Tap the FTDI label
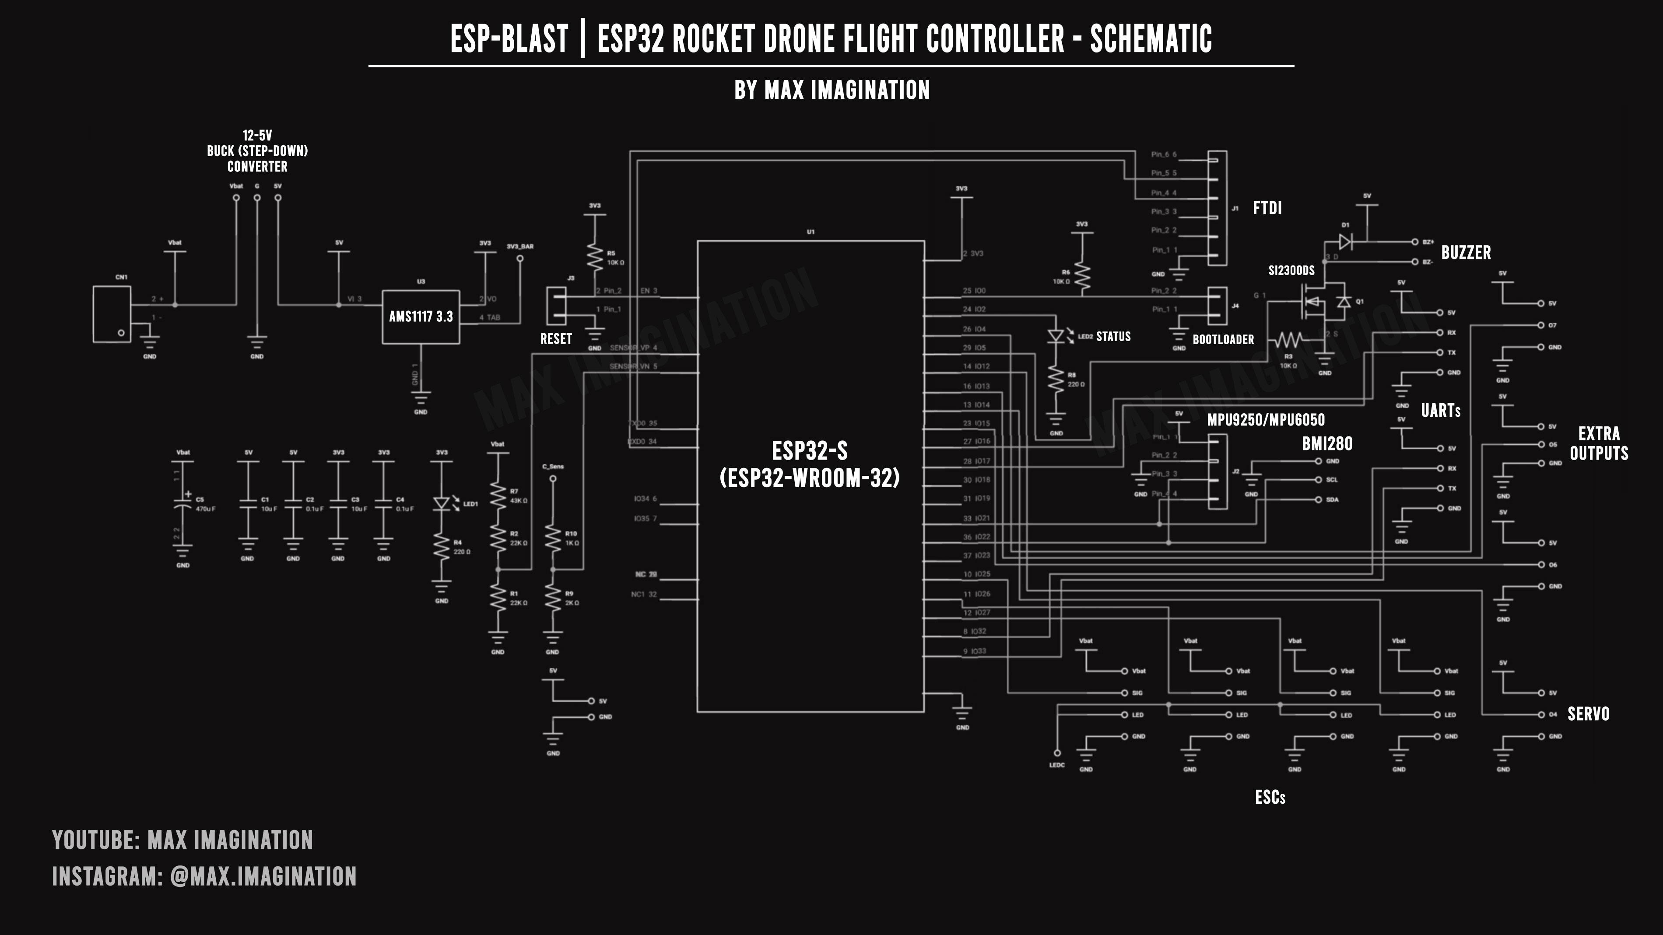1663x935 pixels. tap(1267, 208)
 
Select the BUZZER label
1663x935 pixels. tap(1466, 252)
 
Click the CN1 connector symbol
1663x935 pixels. tap(112, 314)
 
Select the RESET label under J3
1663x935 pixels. tap(556, 339)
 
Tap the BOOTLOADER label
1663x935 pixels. tap(1223, 339)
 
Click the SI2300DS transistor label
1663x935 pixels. tap(1291, 270)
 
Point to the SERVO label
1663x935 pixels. tap(1588, 714)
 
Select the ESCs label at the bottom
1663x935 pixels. tap(1270, 798)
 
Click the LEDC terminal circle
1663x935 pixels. tap(1057, 752)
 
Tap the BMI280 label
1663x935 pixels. tap(1326, 443)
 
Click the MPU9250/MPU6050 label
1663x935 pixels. tap(1265, 420)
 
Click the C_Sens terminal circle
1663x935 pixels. tap(553, 479)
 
